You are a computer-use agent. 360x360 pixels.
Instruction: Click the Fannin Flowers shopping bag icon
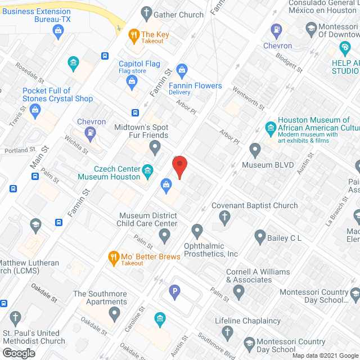[182, 70]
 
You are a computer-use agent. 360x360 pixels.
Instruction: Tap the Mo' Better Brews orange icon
[113, 258]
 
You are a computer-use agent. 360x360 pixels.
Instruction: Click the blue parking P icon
[174, 291]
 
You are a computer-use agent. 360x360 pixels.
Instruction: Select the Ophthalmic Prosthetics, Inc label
[211, 250]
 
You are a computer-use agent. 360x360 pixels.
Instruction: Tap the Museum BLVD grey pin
[255, 151]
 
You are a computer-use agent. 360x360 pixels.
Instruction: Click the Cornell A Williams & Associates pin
[238, 291]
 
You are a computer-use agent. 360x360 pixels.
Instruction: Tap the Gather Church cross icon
[147, 12]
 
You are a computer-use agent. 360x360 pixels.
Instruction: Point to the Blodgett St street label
[289, 62]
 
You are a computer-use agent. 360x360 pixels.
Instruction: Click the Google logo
[17, 353]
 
